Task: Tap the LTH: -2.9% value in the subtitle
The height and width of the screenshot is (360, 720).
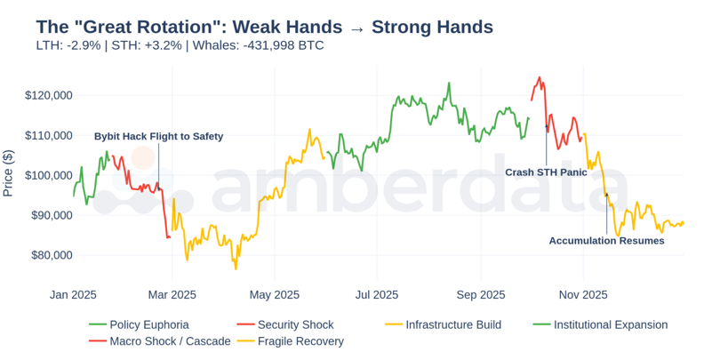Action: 68,45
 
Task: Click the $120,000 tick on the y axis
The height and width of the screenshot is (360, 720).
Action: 48,95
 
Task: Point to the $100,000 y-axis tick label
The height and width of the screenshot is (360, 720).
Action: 48,175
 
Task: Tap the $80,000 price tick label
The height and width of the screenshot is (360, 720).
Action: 51,255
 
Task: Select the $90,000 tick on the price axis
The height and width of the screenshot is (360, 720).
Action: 51,215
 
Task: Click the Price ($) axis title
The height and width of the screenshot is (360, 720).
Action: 8,173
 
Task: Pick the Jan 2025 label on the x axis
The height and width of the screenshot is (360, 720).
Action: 73,294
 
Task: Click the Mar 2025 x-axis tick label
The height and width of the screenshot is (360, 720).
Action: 172,294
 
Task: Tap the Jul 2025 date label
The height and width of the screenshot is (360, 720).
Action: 376,294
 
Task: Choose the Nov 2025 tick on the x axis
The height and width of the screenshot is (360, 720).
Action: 583,294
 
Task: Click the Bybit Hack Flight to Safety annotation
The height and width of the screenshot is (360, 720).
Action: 159,137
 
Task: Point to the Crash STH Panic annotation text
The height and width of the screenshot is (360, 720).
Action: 546,172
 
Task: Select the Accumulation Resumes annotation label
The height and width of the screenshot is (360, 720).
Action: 606,241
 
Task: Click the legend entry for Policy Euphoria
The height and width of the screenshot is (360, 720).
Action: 148,325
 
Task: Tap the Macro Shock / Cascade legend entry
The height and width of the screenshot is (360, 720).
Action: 170,341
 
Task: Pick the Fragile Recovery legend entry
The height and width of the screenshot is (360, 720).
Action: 300,341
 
